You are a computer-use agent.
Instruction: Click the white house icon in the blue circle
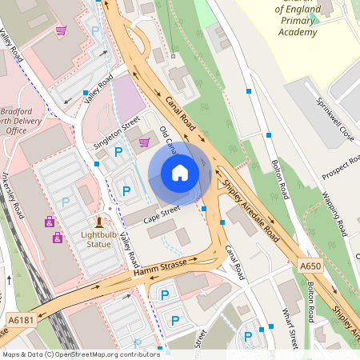pyautogui.click(x=180, y=173)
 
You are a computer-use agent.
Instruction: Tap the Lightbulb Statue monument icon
pyautogui.click(x=98, y=222)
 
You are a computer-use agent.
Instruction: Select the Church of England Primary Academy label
pyautogui.click(x=297, y=20)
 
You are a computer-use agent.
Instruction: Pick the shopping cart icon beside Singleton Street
pyautogui.click(x=144, y=142)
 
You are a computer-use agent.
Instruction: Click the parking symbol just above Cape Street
pyautogui.click(x=126, y=190)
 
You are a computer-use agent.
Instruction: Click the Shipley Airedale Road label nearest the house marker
pyautogui.click(x=250, y=210)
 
